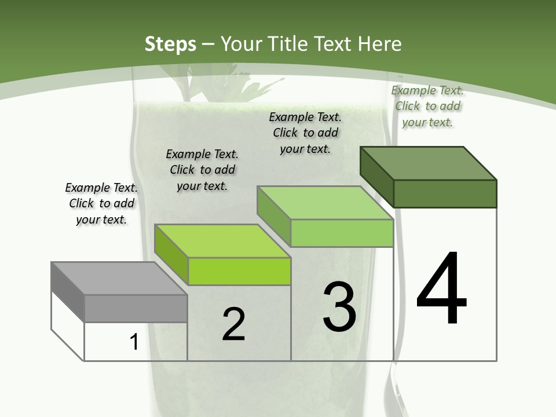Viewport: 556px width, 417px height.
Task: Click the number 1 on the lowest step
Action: [134, 342]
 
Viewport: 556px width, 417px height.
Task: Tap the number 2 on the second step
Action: [233, 324]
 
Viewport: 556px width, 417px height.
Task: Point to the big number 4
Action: [441, 290]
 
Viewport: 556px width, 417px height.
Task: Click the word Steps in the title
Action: [170, 44]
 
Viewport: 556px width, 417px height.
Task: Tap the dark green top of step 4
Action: [428, 163]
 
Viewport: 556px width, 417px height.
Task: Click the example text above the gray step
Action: [101, 203]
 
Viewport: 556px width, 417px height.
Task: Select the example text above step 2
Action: [202, 170]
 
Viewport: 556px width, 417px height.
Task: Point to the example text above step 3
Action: [305, 133]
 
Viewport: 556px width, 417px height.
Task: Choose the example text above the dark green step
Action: [427, 106]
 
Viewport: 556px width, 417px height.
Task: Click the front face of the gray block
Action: [136, 309]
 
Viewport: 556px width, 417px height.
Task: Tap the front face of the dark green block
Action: [445, 193]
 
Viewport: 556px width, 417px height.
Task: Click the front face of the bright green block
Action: [239, 271]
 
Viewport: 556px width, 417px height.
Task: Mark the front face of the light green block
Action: [342, 233]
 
